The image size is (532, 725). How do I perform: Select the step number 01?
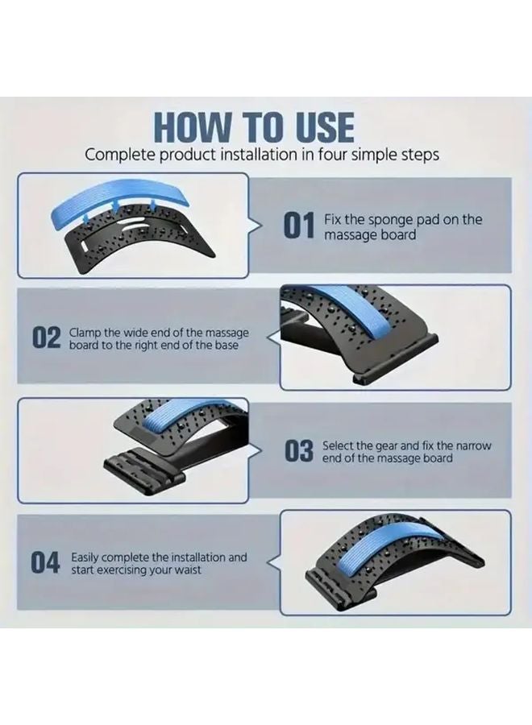click(x=297, y=226)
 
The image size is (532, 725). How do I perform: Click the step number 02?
click(x=46, y=338)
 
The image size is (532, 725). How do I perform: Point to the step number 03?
click(x=298, y=452)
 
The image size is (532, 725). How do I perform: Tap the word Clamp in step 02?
click(x=85, y=332)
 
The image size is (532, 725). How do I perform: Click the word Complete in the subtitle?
click(x=118, y=155)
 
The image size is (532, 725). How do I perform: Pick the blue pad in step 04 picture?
click(x=387, y=556)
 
